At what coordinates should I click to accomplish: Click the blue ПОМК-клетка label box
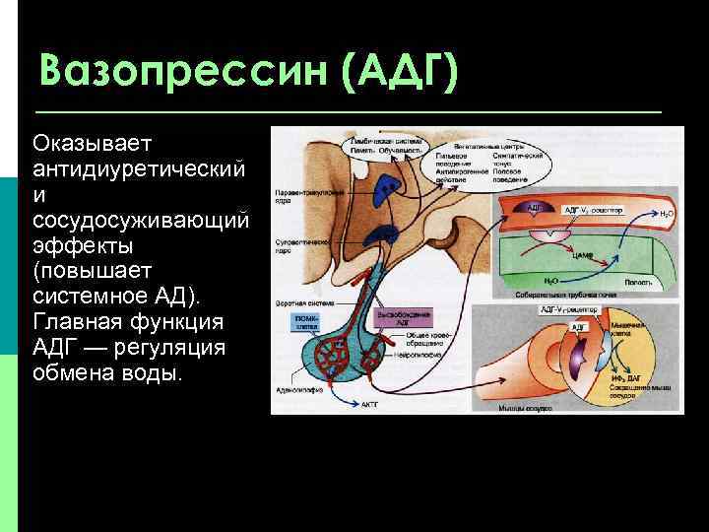[296, 324]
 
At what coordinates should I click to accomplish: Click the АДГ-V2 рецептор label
[594, 210]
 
